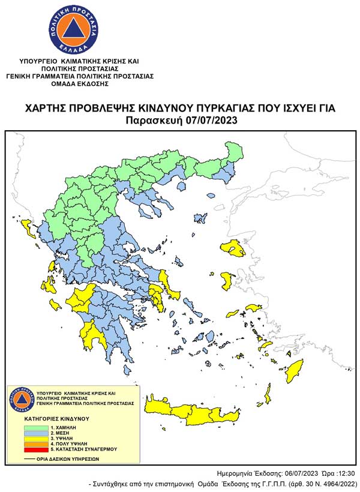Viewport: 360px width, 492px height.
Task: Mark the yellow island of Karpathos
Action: (266, 395)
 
